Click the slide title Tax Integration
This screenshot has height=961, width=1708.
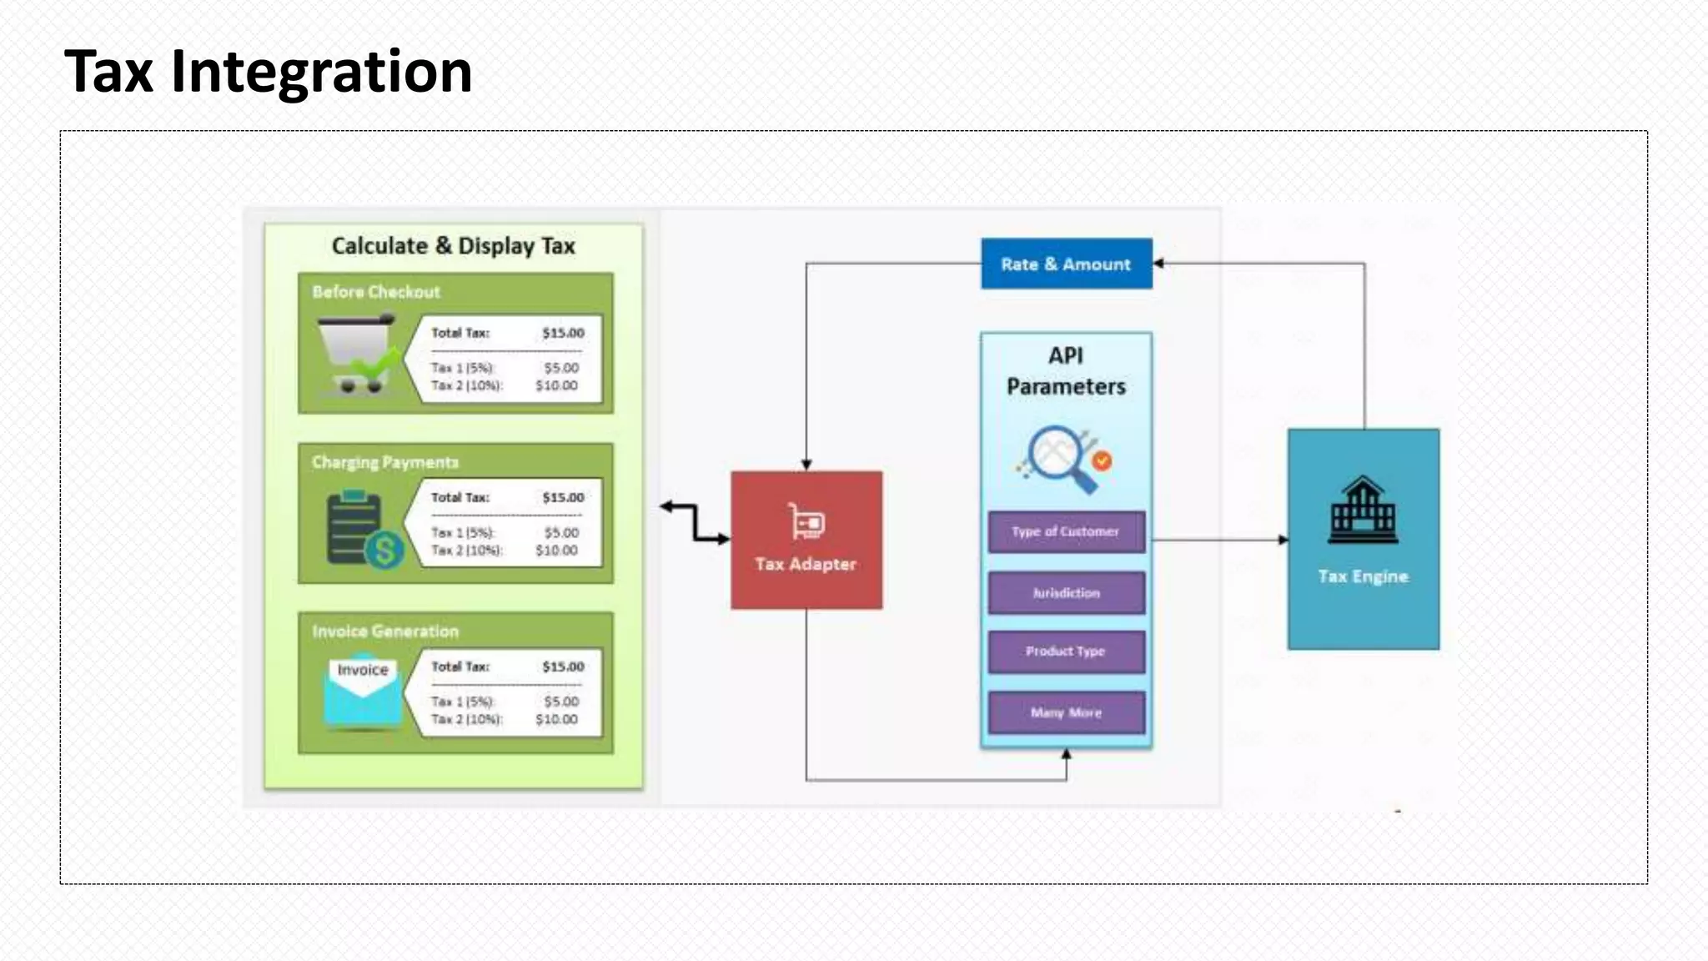point(268,72)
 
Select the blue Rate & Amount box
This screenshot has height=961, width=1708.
point(1066,264)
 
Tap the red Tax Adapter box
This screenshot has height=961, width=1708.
point(806,540)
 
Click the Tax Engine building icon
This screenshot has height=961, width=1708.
point(1363,510)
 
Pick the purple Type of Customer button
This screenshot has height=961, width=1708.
point(1066,531)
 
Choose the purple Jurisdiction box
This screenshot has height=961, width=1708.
point(1066,593)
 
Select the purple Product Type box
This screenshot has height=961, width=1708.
point(1066,652)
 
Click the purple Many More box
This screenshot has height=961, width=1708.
point(1066,712)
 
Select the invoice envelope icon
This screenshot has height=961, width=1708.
point(363,690)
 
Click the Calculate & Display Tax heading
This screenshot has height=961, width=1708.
point(453,246)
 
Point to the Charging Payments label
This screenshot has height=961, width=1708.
point(385,462)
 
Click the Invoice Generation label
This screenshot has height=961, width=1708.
point(385,631)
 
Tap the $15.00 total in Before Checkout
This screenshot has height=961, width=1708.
point(563,333)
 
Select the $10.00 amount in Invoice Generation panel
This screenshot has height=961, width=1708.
point(556,719)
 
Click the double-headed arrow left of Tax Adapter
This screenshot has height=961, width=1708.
point(695,523)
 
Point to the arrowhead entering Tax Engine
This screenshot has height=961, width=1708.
point(1284,540)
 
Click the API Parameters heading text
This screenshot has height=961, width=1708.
point(1066,371)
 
